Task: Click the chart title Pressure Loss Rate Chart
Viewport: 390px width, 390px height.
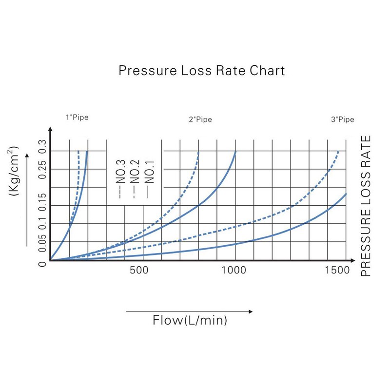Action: click(x=202, y=71)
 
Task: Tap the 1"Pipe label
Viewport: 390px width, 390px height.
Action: click(x=78, y=117)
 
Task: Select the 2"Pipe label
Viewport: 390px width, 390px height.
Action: click(x=200, y=119)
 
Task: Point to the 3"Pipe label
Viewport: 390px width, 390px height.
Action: click(x=343, y=119)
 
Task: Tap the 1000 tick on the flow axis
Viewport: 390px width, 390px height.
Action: click(x=235, y=271)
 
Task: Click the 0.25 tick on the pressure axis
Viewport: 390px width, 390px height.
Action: click(x=42, y=169)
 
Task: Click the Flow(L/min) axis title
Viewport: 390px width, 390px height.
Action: click(x=190, y=320)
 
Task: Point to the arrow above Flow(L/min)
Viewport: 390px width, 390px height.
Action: click(x=190, y=311)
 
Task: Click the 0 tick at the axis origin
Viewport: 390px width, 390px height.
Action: click(x=42, y=264)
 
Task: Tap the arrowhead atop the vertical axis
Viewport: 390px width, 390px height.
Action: click(x=50, y=130)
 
